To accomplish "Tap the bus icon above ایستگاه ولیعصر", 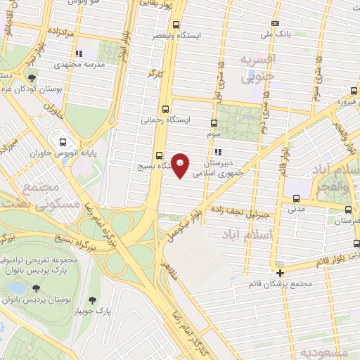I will pos(175,24).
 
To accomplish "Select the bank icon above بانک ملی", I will pos(275,23).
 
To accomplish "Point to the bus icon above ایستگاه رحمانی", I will pos(165,109).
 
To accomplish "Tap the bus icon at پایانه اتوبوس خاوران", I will pos(63,139).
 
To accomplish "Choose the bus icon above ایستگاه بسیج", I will pos(158,155).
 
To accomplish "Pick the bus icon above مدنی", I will pos(295,198).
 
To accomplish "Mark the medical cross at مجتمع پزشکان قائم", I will pos(280,273).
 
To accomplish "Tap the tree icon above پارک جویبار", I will pos(93,300).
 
